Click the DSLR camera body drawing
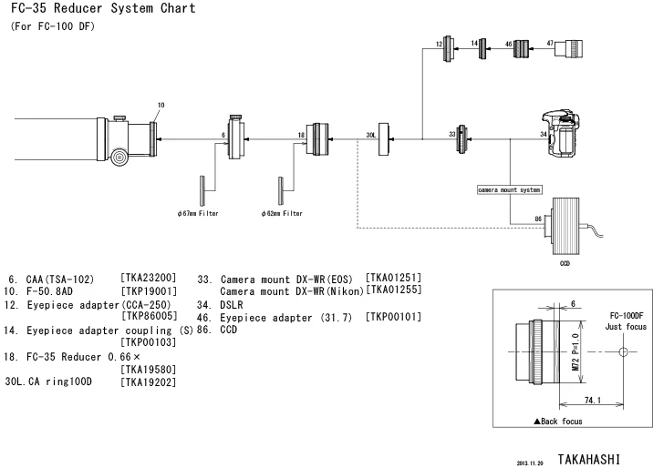coord(561,134)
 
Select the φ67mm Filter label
coord(198,213)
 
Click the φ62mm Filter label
coord(282,213)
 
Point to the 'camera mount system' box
coord(510,190)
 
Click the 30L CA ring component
coord(384,139)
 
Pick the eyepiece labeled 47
coord(568,48)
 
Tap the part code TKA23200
coord(149,278)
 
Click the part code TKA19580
coord(149,369)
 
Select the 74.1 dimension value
coord(593,400)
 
